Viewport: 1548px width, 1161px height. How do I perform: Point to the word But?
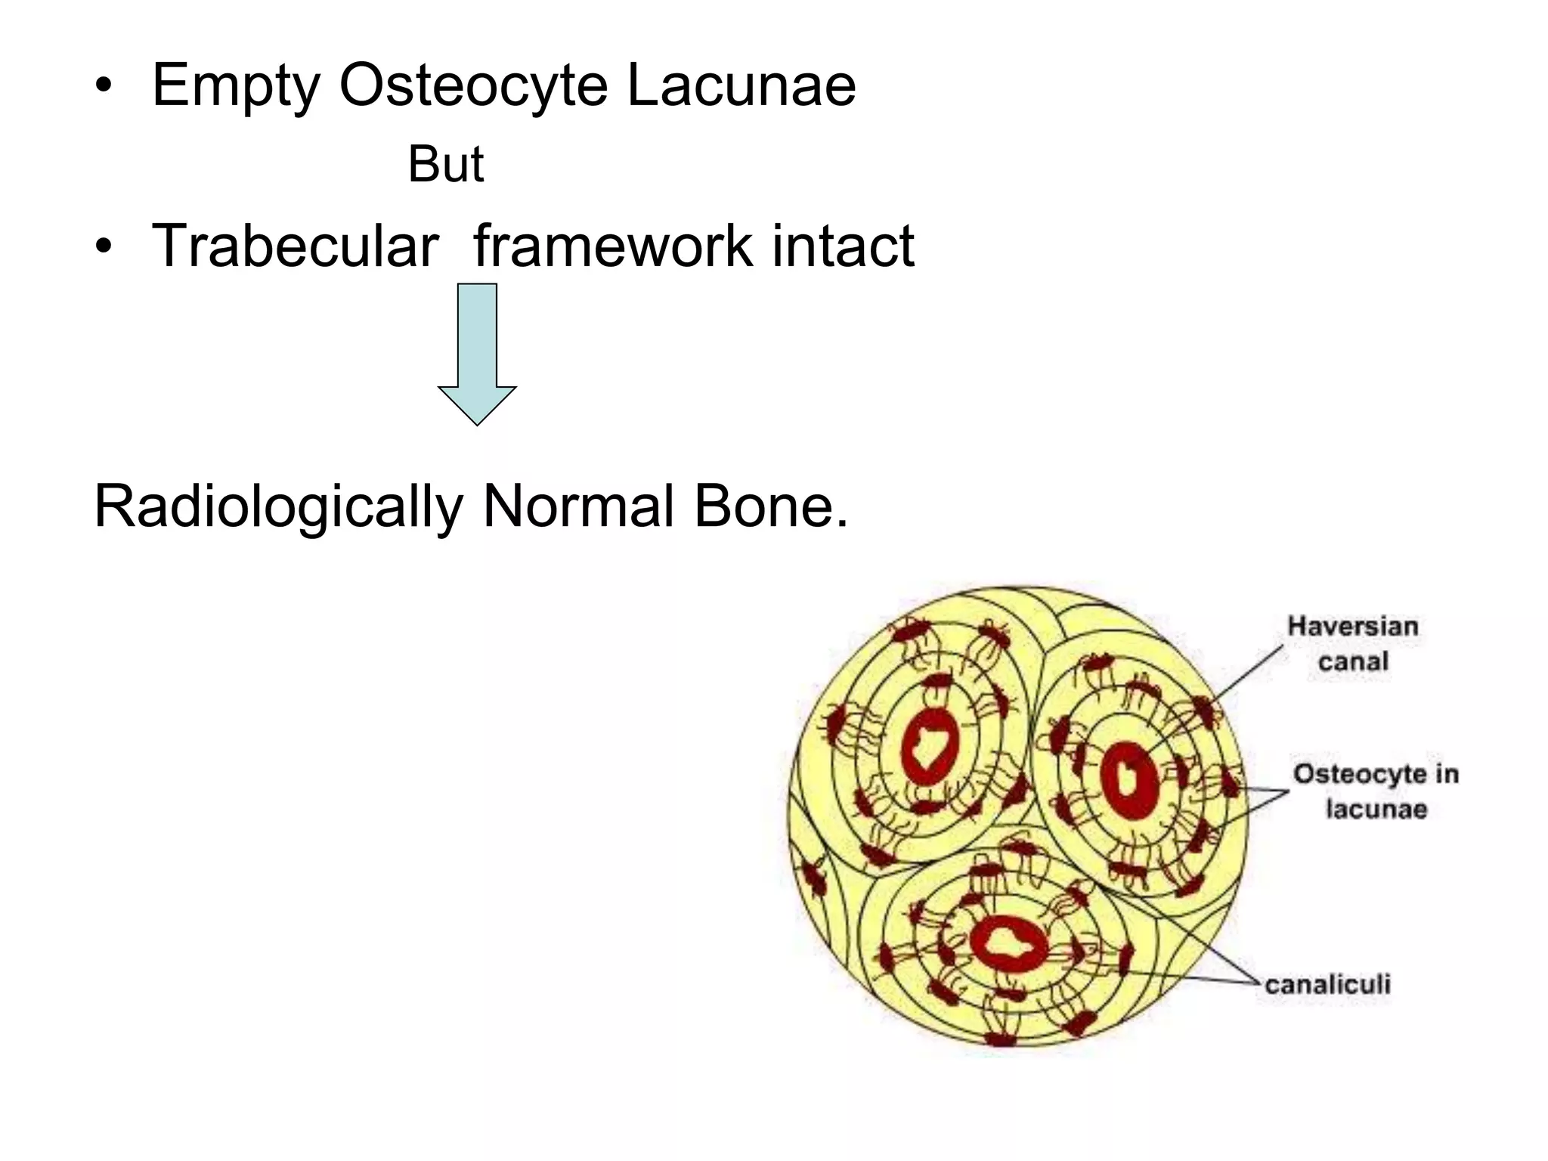(x=445, y=164)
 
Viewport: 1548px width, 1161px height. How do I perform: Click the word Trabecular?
(x=295, y=246)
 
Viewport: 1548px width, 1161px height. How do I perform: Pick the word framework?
(x=612, y=246)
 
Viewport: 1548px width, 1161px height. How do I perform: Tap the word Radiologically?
(x=277, y=507)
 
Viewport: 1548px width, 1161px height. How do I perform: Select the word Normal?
(x=578, y=506)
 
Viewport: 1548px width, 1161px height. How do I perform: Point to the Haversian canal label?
(x=1353, y=643)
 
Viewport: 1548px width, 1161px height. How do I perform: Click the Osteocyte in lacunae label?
(x=1376, y=791)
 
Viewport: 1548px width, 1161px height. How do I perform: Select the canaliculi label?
(x=1327, y=984)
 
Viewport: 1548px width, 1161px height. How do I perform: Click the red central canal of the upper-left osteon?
(x=929, y=748)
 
